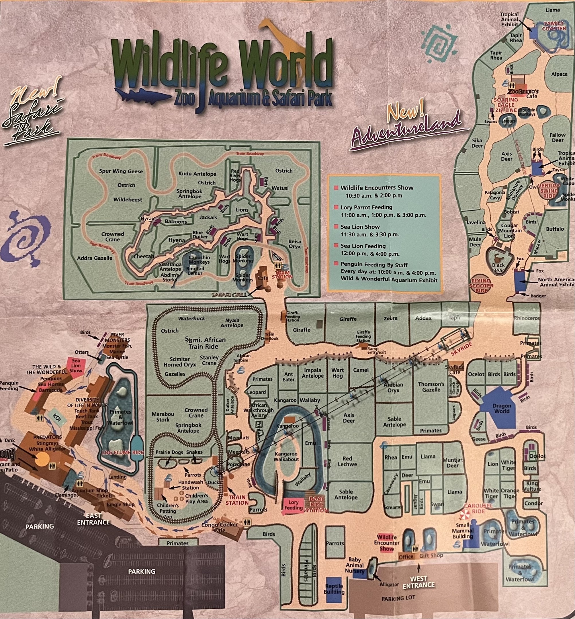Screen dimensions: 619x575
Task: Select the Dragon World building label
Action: click(502, 408)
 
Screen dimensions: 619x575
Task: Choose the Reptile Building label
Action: click(334, 589)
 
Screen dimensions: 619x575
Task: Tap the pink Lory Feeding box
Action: click(294, 505)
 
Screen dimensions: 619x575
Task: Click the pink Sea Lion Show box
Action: click(76, 365)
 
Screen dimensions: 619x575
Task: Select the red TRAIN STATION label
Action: click(237, 499)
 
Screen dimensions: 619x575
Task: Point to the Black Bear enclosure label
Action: click(498, 267)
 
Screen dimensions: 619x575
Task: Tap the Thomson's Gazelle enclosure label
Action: click(431, 387)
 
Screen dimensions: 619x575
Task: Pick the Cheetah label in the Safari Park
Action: click(144, 256)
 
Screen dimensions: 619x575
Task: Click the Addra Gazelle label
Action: click(95, 258)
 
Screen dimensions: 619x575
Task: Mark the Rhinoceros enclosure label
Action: click(527, 318)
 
